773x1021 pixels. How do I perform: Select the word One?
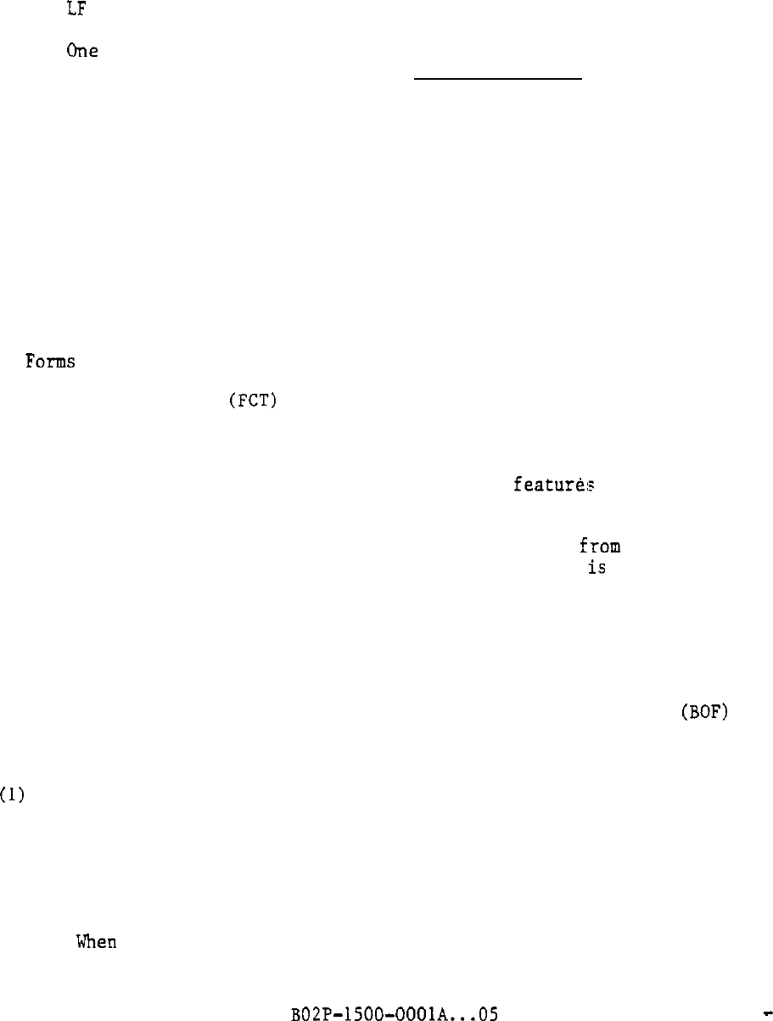[82, 51]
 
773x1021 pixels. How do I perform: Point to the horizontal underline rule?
[497, 79]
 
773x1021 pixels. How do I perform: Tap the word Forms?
[50, 362]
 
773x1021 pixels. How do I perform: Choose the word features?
[553, 485]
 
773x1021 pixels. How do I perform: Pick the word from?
[600, 546]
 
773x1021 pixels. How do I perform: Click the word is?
[597, 569]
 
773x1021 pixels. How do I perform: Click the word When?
[97, 942]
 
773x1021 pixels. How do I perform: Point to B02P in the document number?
[310, 1013]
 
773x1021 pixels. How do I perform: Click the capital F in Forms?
[31, 362]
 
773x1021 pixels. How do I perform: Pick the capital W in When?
[83, 942]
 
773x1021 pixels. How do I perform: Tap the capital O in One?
[72, 51]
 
